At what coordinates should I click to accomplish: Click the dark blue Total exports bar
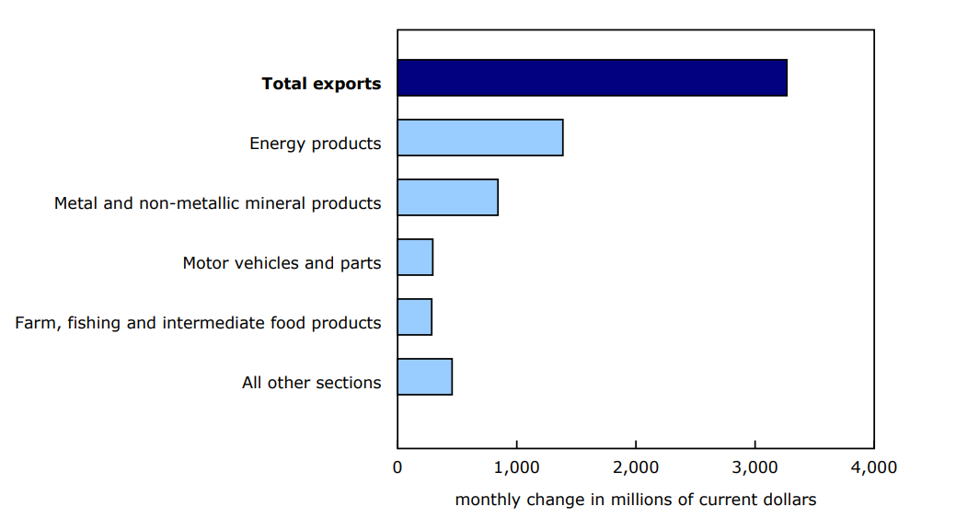(x=592, y=78)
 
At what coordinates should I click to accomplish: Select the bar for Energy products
(x=479, y=138)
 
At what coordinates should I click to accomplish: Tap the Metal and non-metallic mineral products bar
(x=447, y=198)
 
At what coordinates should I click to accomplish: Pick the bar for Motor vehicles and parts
(x=415, y=258)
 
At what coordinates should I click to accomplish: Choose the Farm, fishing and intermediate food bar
(x=414, y=317)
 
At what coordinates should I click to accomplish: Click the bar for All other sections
(x=424, y=377)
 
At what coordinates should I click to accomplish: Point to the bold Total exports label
(x=321, y=84)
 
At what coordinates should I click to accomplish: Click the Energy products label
(x=315, y=144)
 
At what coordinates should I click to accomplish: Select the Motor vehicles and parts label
(x=282, y=263)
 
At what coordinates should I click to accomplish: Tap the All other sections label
(x=311, y=383)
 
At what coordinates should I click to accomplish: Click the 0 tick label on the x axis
(x=397, y=467)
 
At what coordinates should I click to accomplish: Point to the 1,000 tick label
(x=516, y=467)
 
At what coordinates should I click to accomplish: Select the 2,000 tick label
(x=636, y=467)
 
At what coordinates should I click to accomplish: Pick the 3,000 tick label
(x=754, y=467)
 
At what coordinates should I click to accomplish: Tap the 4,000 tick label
(x=873, y=467)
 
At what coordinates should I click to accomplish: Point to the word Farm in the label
(x=35, y=323)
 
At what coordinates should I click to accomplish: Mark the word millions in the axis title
(x=636, y=500)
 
